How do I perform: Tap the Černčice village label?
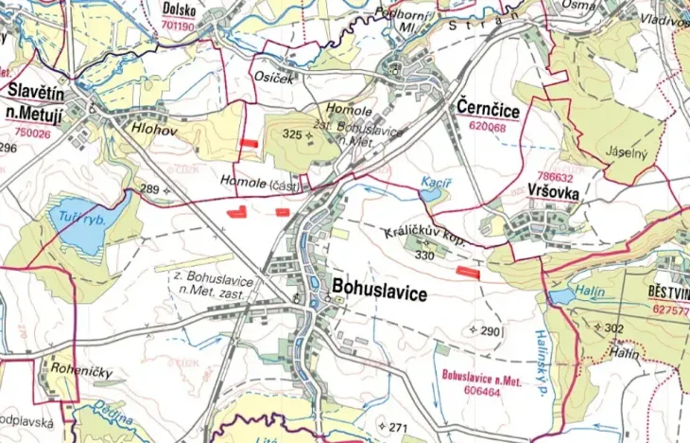pyautogui.click(x=488, y=107)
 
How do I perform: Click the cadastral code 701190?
pyautogui.click(x=180, y=28)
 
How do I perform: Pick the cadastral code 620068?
pyautogui.click(x=488, y=126)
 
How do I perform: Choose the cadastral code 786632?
pyautogui.click(x=555, y=176)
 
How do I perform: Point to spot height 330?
pyautogui.click(x=423, y=256)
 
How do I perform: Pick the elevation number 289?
pyautogui.click(x=149, y=189)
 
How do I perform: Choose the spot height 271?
pyautogui.click(x=397, y=429)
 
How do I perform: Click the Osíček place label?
pyautogui.click(x=273, y=79)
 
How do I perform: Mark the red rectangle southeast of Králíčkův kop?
pyautogui.click(x=468, y=272)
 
